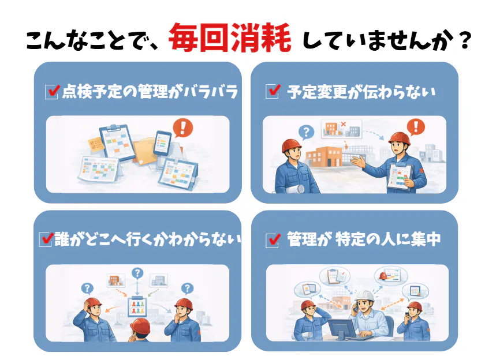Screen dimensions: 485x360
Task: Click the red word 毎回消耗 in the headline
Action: click(x=230, y=37)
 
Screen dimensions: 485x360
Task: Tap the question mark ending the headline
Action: click(x=465, y=40)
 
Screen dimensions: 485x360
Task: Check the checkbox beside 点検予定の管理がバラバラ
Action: click(x=51, y=92)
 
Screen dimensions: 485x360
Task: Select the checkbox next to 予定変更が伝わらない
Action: click(x=273, y=92)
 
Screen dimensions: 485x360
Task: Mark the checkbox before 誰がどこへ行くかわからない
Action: click(x=46, y=239)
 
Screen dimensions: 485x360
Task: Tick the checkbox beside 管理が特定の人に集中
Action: click(x=273, y=241)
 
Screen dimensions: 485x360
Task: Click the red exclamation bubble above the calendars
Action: click(x=183, y=127)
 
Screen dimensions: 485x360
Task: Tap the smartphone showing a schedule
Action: click(x=163, y=142)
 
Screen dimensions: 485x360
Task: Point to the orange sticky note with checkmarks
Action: click(x=96, y=145)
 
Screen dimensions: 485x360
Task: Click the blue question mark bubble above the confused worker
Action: click(x=306, y=132)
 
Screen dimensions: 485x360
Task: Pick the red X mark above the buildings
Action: click(x=344, y=124)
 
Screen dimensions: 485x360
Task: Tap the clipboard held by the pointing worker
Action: click(x=400, y=176)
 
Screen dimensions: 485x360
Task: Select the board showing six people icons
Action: click(x=137, y=306)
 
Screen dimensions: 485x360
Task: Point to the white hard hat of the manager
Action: click(x=365, y=296)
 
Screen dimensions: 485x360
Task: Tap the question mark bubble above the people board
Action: click(x=137, y=273)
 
